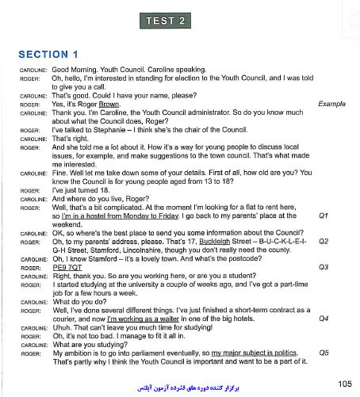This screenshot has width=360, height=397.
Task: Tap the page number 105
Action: (344, 384)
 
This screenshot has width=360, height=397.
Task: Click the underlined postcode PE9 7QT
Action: (68, 267)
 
